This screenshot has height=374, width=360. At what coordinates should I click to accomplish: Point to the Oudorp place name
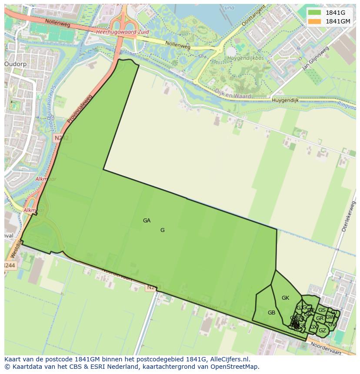point(16,64)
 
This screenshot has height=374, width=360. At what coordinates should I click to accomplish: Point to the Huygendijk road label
point(286,100)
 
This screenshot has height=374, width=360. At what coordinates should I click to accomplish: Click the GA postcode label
point(147,221)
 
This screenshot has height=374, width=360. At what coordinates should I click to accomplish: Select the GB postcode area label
point(271,313)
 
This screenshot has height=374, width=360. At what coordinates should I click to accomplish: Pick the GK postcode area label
point(285,298)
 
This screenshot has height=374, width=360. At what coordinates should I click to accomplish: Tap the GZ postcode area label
point(322,331)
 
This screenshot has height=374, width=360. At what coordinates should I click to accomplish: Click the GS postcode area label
point(322,310)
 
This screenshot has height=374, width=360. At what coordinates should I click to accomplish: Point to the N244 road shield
point(10,265)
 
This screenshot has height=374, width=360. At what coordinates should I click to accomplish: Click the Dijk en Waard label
point(230,93)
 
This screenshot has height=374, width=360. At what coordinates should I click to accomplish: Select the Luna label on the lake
point(228,7)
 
